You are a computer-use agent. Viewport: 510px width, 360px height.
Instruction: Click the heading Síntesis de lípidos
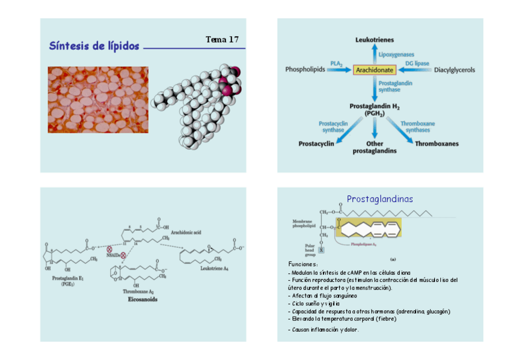94,46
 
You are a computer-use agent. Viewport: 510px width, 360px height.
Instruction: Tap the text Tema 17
222,40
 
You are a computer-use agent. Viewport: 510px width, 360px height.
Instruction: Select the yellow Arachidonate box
374,70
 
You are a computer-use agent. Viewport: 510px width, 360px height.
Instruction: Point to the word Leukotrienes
375,40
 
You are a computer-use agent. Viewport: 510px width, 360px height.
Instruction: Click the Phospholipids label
305,70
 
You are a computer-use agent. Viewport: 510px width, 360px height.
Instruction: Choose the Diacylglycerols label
454,70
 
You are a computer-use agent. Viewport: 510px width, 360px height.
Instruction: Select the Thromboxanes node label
437,144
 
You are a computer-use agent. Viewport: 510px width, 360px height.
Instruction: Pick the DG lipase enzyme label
417,63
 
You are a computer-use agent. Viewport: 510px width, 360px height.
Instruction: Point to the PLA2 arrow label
336,63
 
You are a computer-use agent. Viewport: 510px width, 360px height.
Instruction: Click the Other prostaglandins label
375,147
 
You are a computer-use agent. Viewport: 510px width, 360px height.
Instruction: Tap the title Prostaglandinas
379,199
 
